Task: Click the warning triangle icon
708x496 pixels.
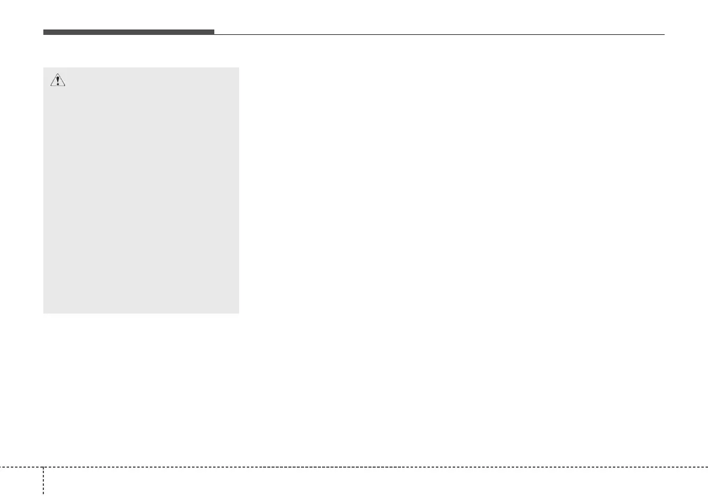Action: pos(57,81)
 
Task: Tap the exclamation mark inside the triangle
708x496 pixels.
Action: pos(57,81)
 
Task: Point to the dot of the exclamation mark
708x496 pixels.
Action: pos(57,84)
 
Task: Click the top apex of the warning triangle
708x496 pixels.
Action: pos(57,74)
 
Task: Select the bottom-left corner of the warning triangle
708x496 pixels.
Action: pos(50,87)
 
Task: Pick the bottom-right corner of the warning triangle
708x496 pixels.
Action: pos(65,87)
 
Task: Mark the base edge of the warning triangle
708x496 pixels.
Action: pos(57,87)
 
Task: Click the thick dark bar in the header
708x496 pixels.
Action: pos(128,32)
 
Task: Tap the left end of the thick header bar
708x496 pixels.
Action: pos(44,32)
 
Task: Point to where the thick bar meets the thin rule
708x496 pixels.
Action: pos(214,34)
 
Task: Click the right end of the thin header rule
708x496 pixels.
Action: pos(664,34)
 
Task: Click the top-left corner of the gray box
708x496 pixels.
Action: pos(44,68)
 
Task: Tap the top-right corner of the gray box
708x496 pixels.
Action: pos(238,68)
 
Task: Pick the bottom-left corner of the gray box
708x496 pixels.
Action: pos(44,312)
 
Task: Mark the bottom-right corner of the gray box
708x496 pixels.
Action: pos(238,312)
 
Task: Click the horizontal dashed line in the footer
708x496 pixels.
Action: pos(361,467)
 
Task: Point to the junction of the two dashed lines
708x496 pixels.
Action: pos(43,467)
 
